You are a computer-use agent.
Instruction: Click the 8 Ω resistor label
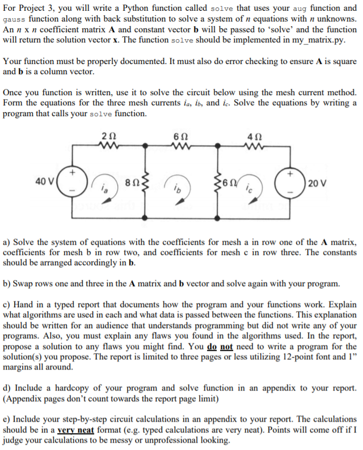(x=130, y=183)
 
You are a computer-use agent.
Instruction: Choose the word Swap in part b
(x=23, y=283)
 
